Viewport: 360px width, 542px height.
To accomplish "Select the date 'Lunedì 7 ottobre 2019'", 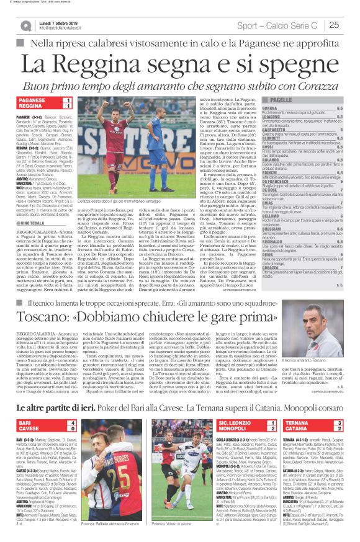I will point(66,22).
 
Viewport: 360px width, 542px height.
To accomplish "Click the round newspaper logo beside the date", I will point(28,25).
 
